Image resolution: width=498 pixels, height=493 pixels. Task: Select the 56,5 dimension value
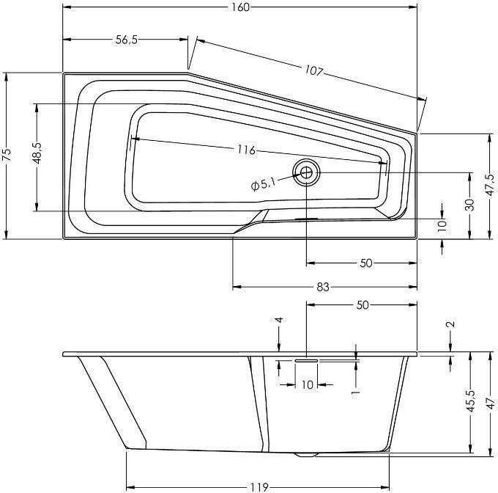(126, 40)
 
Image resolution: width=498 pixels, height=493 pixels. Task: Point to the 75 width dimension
(7, 156)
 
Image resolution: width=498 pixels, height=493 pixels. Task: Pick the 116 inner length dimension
(246, 150)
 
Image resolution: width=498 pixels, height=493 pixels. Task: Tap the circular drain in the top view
(306, 173)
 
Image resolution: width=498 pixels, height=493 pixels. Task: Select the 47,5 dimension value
(489, 187)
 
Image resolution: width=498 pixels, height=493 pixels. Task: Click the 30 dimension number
(470, 205)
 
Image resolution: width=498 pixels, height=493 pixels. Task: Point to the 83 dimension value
(322, 288)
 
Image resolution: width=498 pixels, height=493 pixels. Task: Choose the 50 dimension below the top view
(367, 263)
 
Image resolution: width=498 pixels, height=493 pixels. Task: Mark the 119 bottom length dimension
(256, 486)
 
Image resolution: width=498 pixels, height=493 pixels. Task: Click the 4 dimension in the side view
(279, 321)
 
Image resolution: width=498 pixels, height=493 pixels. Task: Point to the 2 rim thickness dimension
(450, 324)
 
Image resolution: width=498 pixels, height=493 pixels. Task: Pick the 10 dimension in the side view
(307, 384)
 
